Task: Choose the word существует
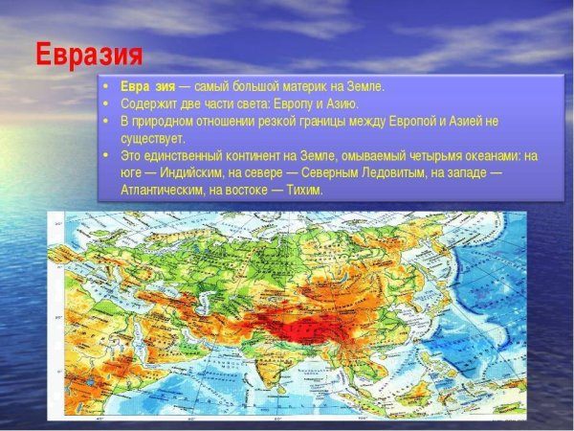(153, 138)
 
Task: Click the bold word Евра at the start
(135, 86)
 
